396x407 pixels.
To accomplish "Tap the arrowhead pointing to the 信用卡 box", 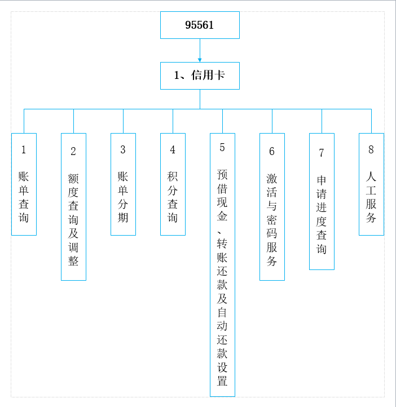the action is [x=200, y=60].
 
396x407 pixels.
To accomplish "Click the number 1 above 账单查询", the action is [x=24, y=150].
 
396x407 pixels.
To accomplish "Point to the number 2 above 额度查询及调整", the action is [x=73, y=151].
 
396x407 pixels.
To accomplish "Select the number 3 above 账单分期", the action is [x=123, y=150].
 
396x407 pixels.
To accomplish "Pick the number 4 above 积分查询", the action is [x=173, y=150].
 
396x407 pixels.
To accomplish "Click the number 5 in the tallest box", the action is [x=222, y=148].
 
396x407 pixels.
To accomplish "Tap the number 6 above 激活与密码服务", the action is [x=272, y=151].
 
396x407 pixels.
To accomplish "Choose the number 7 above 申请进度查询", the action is [x=322, y=153].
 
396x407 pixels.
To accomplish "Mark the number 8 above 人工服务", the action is [x=371, y=150].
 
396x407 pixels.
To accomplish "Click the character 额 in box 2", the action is [x=73, y=179].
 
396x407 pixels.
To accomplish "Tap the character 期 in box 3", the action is [x=123, y=218].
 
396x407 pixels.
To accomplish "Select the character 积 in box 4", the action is [x=173, y=176].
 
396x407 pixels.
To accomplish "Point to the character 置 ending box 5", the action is [x=222, y=381].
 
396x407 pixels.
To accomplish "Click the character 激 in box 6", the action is [x=272, y=179].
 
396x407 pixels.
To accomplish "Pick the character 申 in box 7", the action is [x=322, y=180].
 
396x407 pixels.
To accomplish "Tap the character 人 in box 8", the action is [x=371, y=176].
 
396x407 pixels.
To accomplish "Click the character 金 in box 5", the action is [x=222, y=216].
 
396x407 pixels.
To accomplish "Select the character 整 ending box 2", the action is [x=73, y=261].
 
